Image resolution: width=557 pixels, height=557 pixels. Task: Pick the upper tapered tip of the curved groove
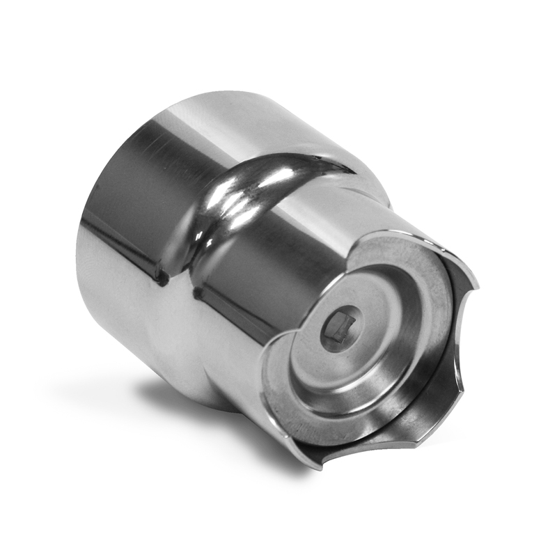coord(341,165)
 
